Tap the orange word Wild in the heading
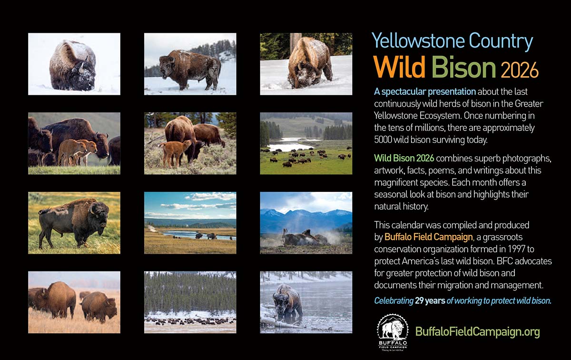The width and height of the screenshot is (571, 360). click(399, 66)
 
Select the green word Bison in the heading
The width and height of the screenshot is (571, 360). click(463, 66)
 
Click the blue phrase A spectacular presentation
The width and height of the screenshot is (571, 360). click(425, 91)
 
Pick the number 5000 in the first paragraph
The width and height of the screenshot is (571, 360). click(383, 140)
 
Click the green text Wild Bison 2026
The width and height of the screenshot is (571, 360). click(404, 158)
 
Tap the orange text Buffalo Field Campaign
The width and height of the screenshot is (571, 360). click(429, 237)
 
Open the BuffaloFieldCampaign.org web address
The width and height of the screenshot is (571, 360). click(477, 332)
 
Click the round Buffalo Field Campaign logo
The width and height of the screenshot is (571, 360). click(393, 332)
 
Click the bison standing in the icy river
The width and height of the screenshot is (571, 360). click(287, 301)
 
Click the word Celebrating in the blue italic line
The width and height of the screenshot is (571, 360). click(394, 301)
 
